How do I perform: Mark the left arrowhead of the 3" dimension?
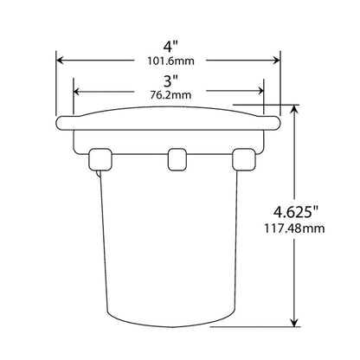coord(80,89)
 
